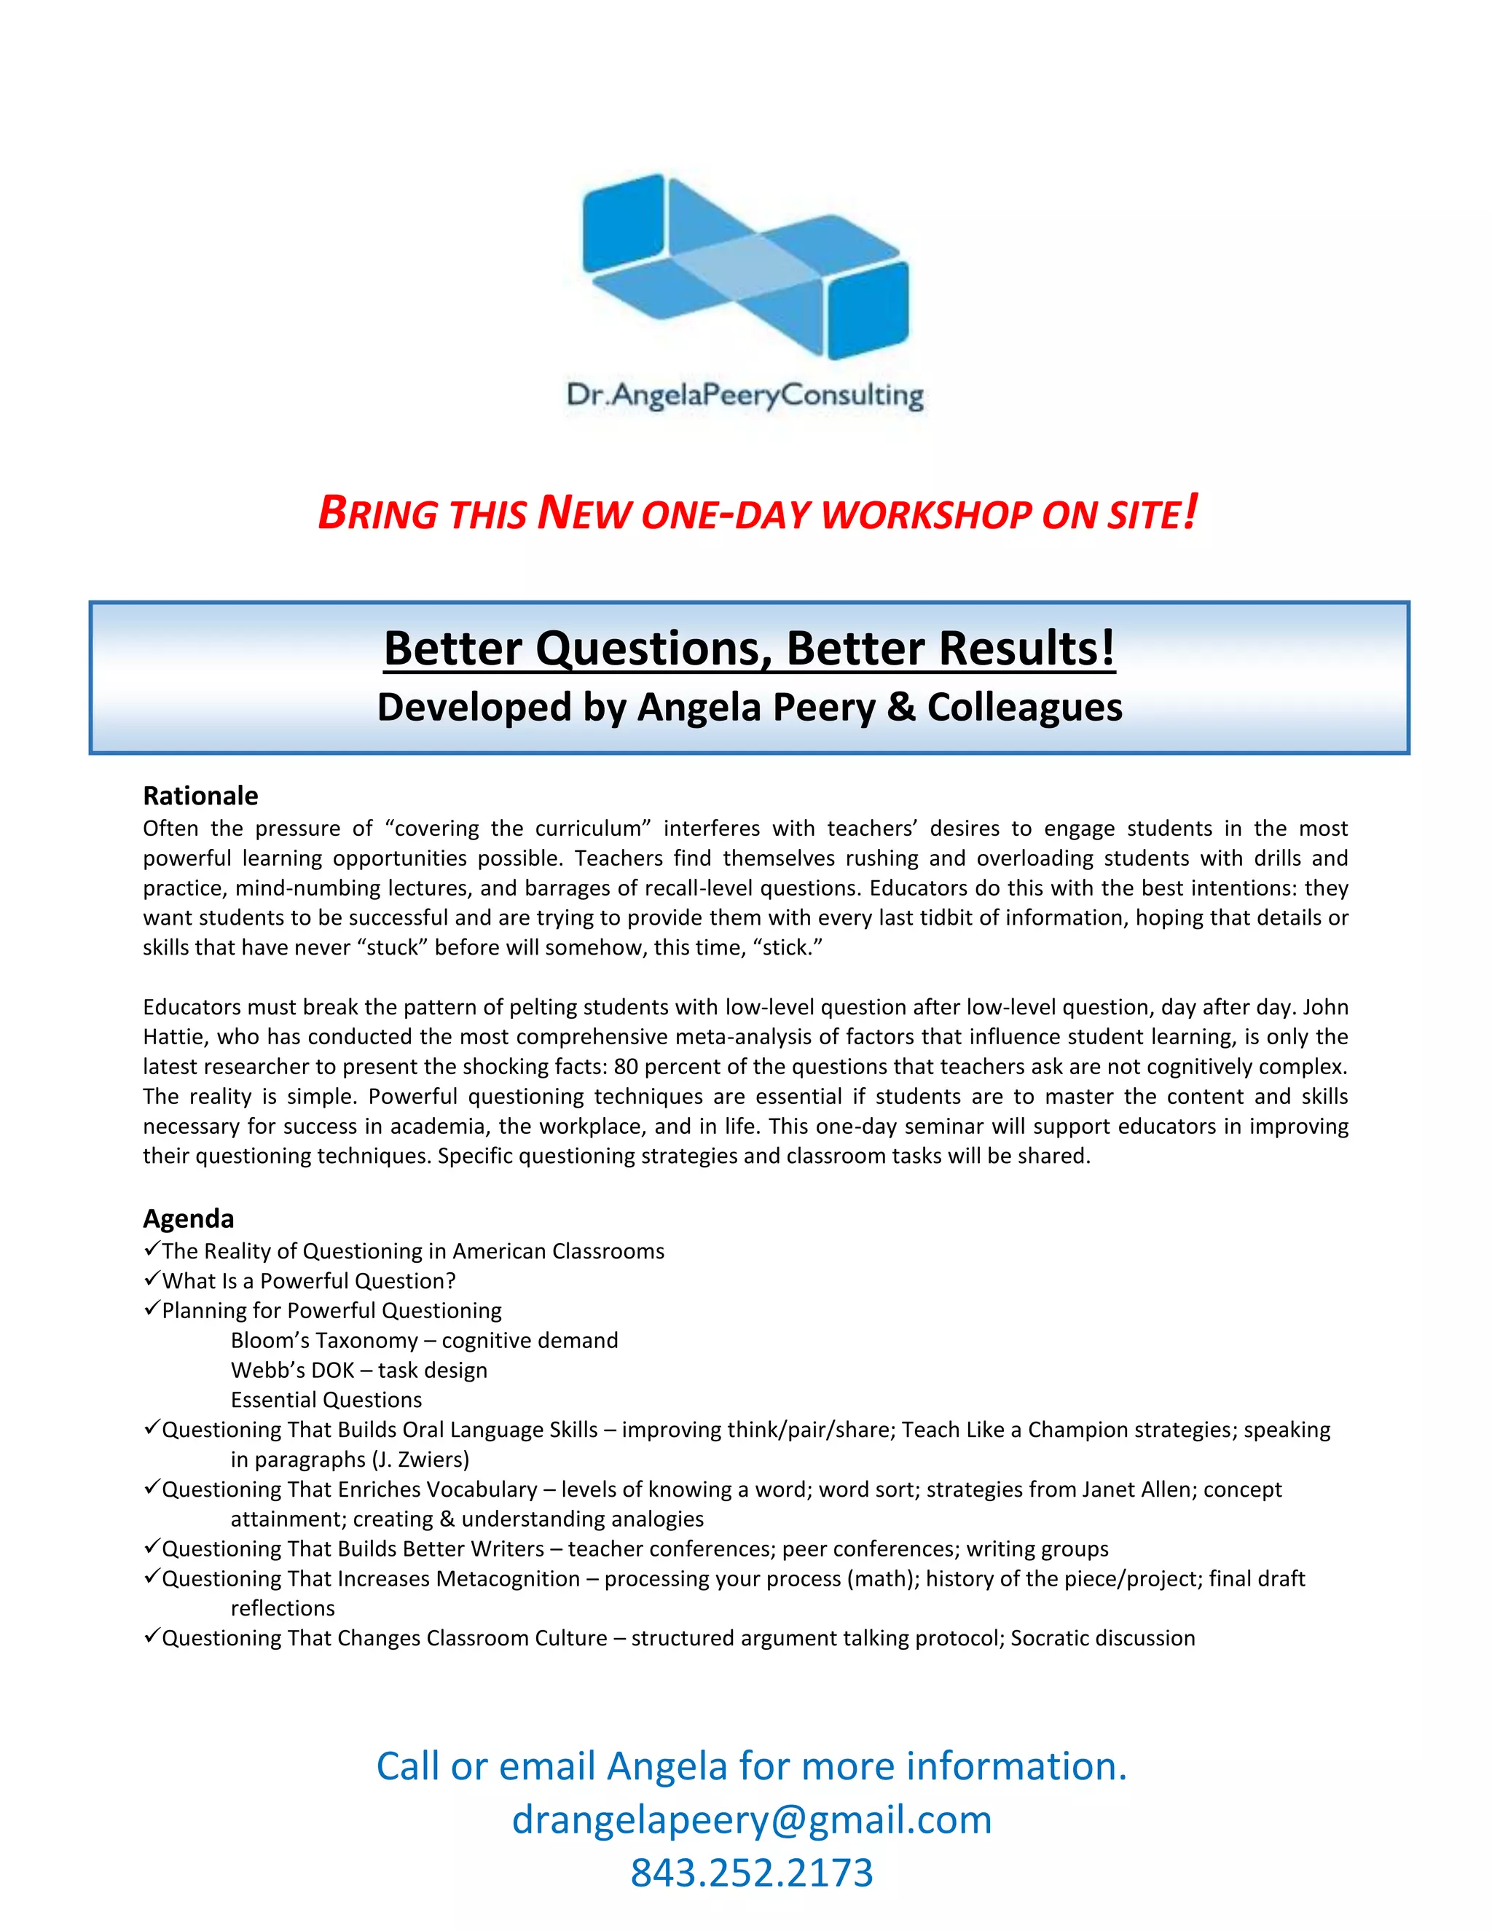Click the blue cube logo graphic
tap(745, 266)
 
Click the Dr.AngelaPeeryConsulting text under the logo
tap(745, 394)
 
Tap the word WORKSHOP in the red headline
tap(927, 515)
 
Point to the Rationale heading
tap(200, 796)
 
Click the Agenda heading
tap(188, 1218)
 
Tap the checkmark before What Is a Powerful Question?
tap(151, 1280)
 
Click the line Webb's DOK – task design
tap(359, 1371)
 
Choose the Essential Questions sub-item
tap(326, 1400)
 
